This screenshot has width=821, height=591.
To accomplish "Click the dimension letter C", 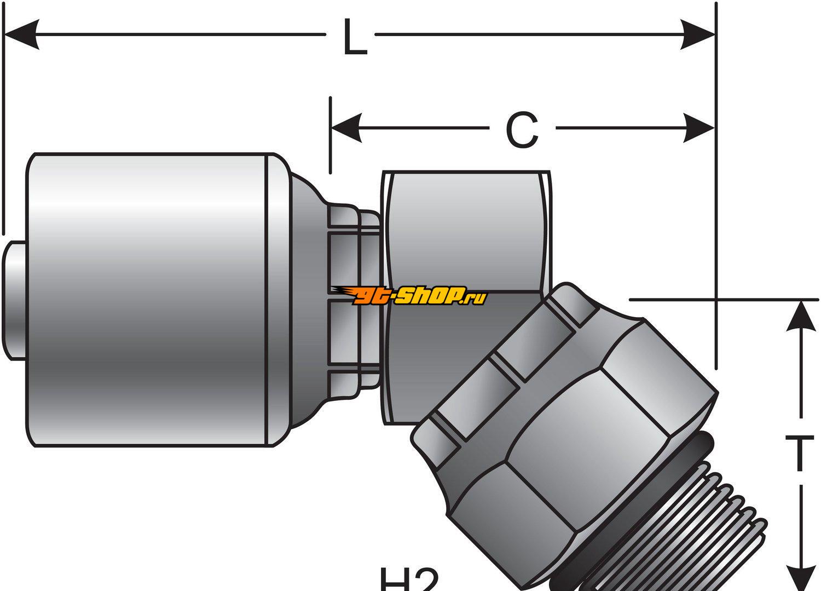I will (x=521, y=129).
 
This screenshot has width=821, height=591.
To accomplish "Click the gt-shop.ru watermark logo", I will (x=410, y=296).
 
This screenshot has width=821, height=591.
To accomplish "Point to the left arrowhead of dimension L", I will (x=22, y=35).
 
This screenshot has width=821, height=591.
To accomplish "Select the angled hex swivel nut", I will (x=569, y=438).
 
